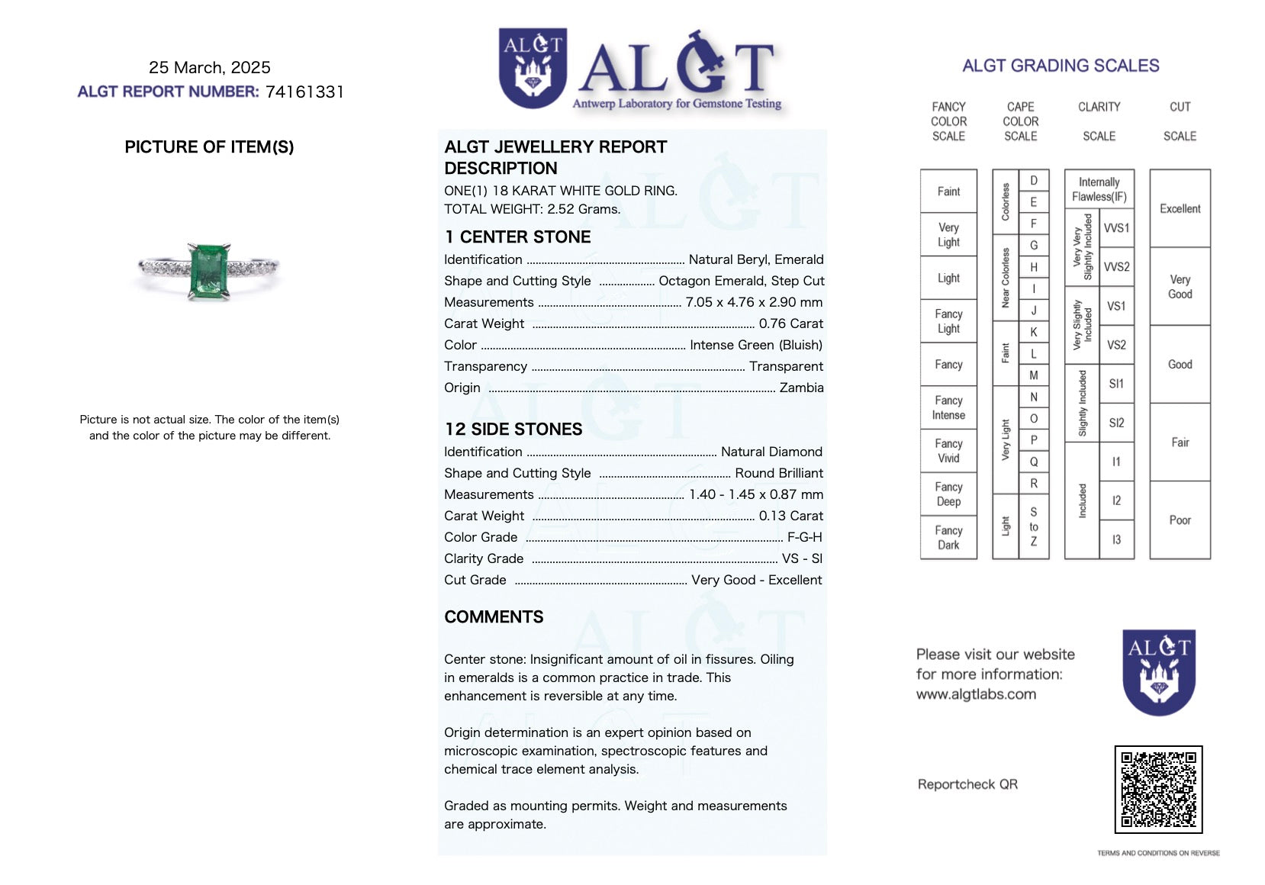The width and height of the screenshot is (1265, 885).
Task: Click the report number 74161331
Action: pos(304,92)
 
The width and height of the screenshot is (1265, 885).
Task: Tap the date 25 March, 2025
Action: pos(210,68)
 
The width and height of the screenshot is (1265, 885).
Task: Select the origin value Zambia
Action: pos(801,388)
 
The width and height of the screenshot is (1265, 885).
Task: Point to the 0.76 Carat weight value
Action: pos(790,323)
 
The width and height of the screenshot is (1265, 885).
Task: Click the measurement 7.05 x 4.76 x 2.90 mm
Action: pos(754,302)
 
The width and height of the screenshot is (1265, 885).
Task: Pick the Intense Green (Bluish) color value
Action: pos(755,345)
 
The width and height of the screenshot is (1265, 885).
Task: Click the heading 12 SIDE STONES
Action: pos(513,430)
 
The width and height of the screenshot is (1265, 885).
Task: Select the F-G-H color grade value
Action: pos(804,537)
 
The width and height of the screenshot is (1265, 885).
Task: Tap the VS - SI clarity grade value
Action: pos(802,558)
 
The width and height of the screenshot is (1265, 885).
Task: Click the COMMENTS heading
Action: pos(494,617)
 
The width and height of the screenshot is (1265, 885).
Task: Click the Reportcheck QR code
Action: pos(1158,790)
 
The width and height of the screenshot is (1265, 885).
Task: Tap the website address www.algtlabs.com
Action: pos(976,694)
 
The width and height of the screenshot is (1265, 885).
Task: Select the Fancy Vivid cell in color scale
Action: pos(948,451)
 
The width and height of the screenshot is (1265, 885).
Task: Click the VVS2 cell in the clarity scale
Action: pos(1116,267)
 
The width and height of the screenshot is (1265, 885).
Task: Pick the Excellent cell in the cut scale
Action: pos(1180,208)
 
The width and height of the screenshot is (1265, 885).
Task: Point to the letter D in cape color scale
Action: pos(1034,181)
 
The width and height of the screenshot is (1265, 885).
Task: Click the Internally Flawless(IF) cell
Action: pos(1099,189)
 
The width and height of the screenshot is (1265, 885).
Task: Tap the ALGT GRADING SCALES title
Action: pos(1061,66)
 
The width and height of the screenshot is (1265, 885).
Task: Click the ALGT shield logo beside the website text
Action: pos(1158,671)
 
